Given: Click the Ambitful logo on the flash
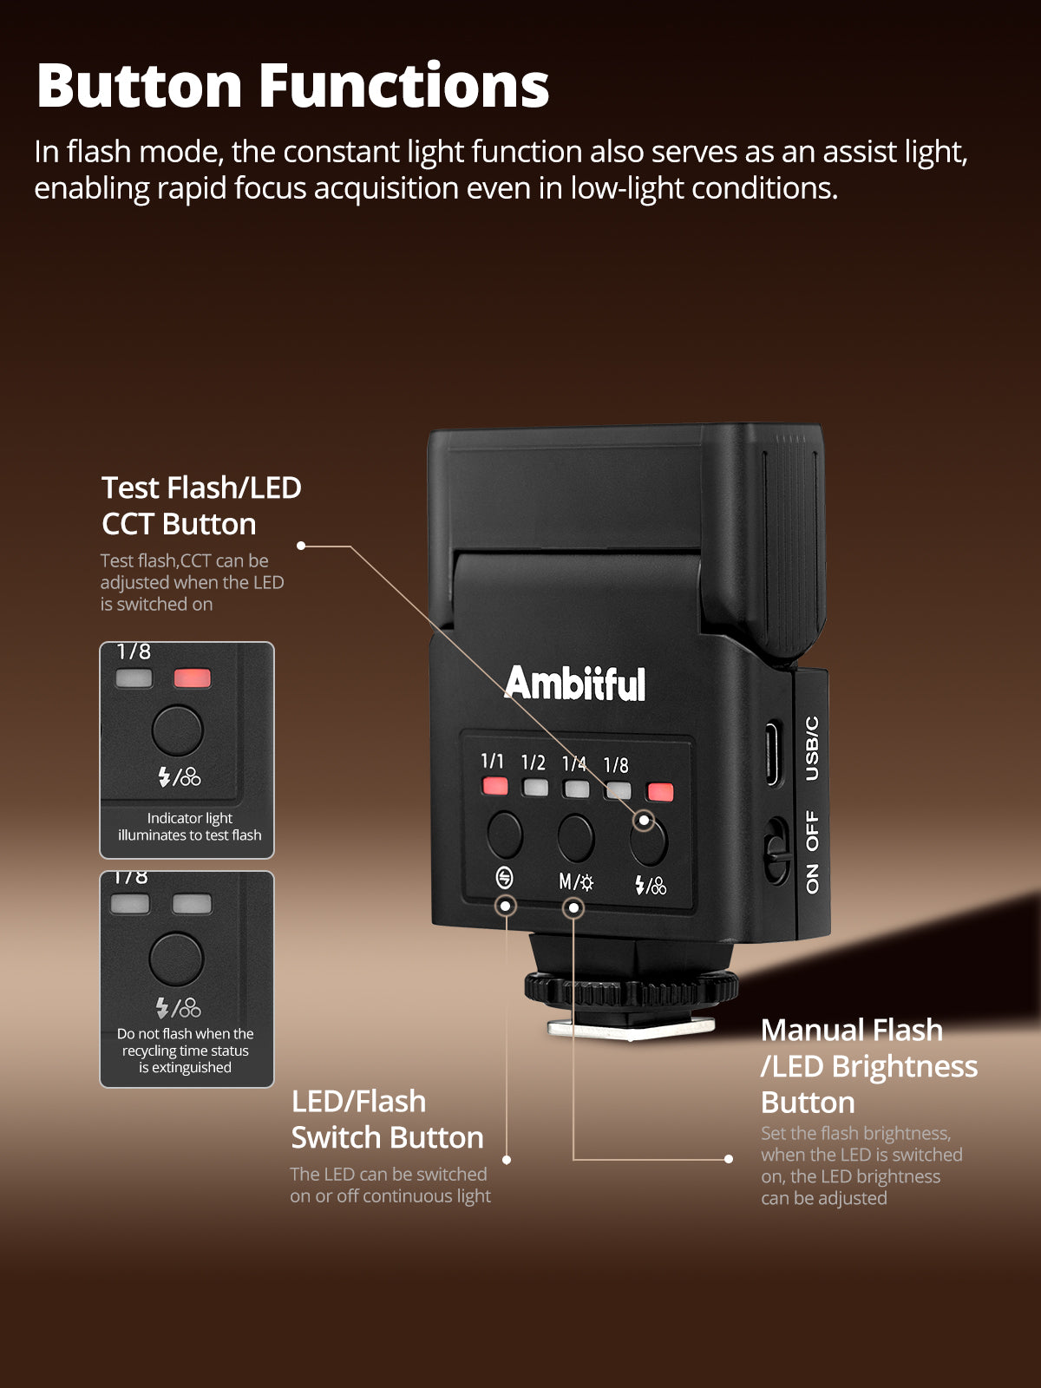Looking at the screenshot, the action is point(575,683).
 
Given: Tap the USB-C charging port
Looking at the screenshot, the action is point(772,754).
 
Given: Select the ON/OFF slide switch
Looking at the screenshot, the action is point(777,851).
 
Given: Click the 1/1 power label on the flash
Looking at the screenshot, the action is point(493,760).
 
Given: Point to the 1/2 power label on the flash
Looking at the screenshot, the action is point(533,763).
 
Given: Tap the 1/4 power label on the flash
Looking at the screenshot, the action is point(574,764).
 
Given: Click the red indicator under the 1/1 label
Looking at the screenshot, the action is point(494,786).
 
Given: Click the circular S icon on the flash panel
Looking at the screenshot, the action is point(504,878).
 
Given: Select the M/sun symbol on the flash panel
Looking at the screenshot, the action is point(576,881).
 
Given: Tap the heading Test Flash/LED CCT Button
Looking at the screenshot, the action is point(201,506).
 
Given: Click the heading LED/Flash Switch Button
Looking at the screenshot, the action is point(388,1119).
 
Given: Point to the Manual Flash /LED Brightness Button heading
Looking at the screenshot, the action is point(869,1066).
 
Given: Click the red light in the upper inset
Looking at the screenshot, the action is point(192,678).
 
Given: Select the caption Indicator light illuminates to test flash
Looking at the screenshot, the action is point(190,827).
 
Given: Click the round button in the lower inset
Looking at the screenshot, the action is point(176,959).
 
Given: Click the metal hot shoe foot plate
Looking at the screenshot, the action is point(631,1028).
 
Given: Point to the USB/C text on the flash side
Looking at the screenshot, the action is point(812,749).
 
